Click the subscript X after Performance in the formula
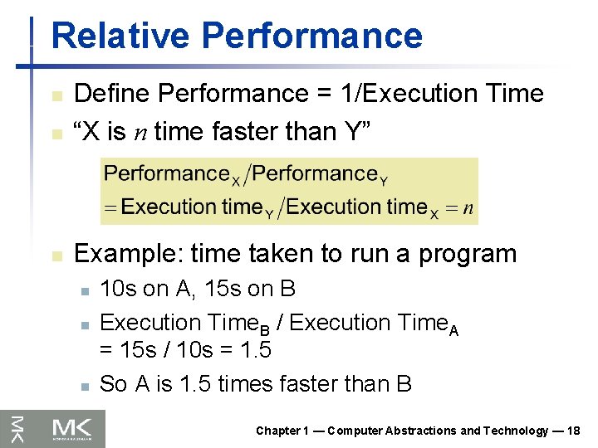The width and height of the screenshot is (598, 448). (x=236, y=179)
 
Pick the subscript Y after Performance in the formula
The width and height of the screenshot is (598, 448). (x=383, y=179)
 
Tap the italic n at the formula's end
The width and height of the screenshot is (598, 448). (x=469, y=207)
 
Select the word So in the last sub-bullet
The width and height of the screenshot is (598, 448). (x=113, y=383)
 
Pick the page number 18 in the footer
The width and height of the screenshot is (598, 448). (x=573, y=431)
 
